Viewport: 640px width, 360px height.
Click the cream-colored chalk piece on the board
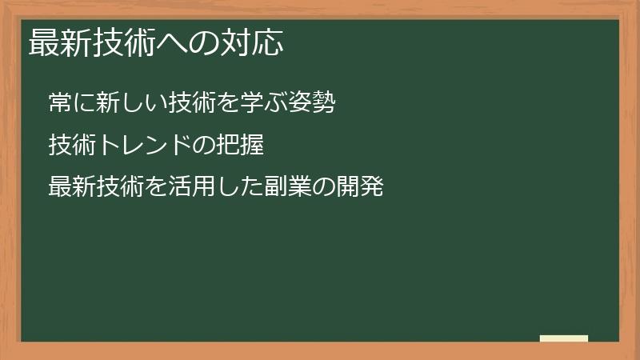[564, 338]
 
